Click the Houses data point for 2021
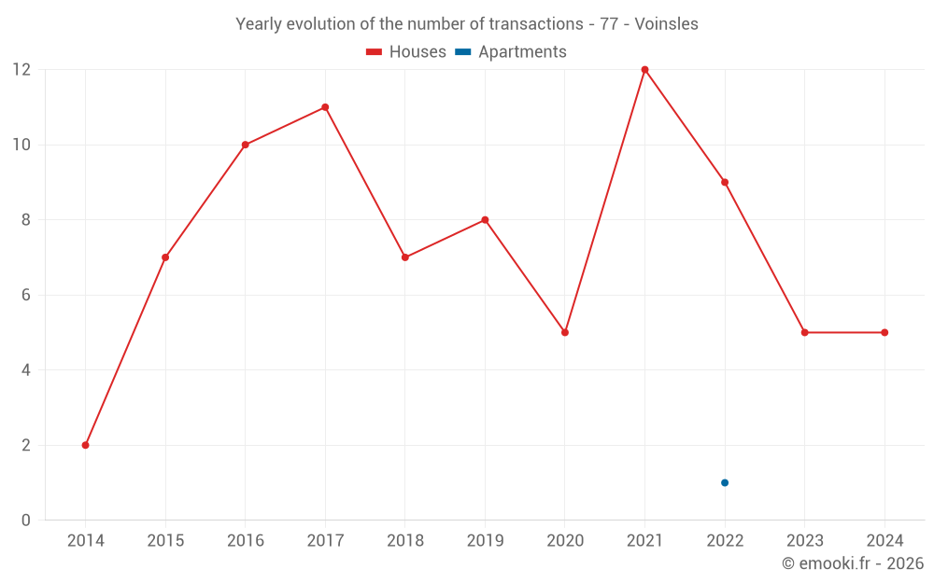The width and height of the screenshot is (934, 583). [644, 70]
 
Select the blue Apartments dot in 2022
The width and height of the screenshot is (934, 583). [725, 482]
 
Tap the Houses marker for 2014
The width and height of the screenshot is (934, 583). [85, 445]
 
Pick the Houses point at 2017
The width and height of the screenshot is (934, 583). [325, 107]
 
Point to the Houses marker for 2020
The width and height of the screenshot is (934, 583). [565, 332]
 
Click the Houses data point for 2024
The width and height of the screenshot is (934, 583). [884, 332]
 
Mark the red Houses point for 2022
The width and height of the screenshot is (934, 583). [725, 182]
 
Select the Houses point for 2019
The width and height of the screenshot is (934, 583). [485, 220]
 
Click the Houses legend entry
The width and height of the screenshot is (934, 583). [406, 52]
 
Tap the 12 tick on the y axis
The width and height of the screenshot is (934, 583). [21, 70]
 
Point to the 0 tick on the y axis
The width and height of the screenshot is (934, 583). [26, 521]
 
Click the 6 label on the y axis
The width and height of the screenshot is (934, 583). [26, 295]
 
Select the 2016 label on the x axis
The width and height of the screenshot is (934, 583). [246, 541]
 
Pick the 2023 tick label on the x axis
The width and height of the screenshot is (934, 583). [804, 541]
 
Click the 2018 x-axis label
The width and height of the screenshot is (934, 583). [405, 541]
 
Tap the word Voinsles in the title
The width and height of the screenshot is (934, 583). [666, 24]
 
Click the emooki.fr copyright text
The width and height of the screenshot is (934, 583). [853, 563]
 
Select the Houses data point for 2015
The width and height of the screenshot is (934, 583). [165, 257]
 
